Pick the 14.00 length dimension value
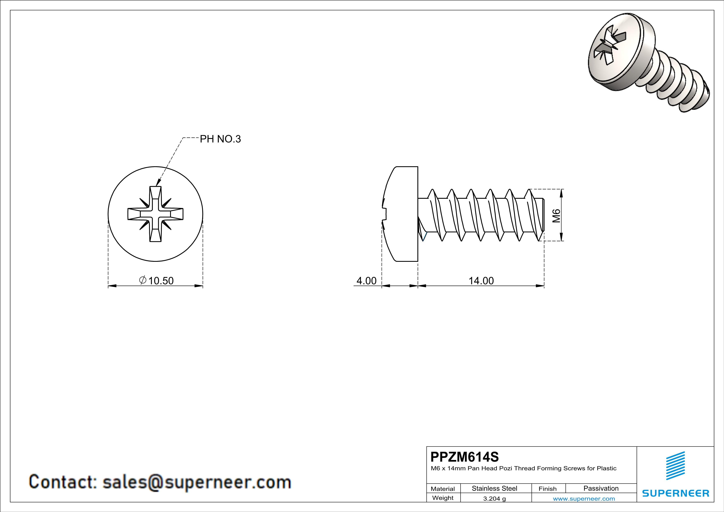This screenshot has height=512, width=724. (x=481, y=281)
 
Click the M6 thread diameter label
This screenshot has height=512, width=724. (x=556, y=216)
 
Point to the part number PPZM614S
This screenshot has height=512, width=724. (x=464, y=457)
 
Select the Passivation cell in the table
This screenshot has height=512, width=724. (x=601, y=488)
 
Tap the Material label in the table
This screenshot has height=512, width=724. (x=443, y=489)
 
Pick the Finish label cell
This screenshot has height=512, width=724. (x=547, y=489)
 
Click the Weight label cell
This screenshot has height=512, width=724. (x=443, y=498)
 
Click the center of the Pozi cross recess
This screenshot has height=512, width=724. (x=155, y=214)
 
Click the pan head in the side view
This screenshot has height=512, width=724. (x=402, y=214)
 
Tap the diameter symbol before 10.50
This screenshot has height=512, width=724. (x=142, y=280)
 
